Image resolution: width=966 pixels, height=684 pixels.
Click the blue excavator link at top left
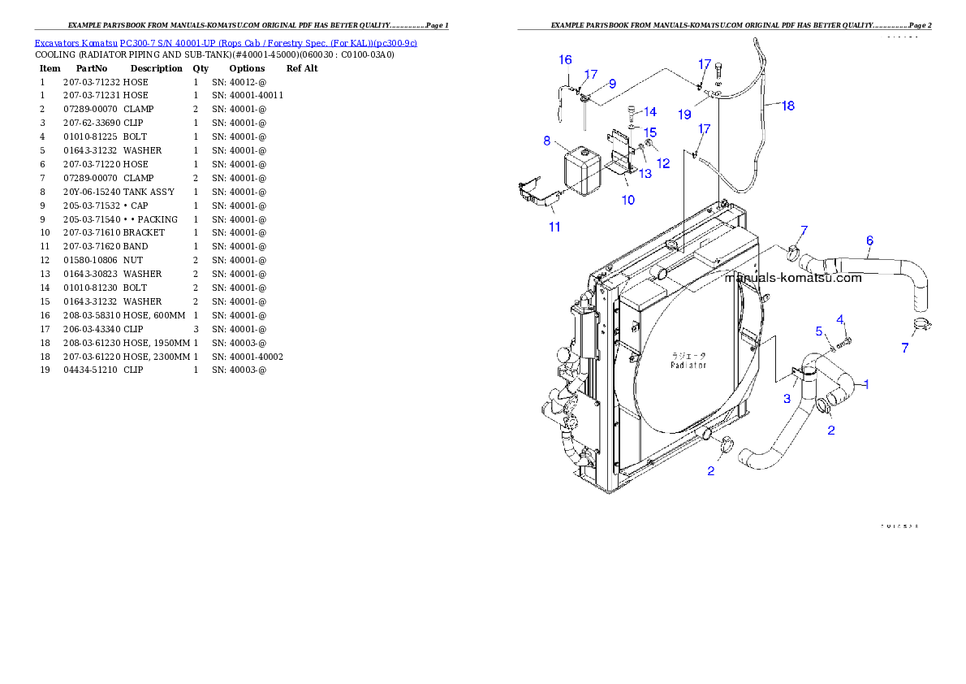pyautogui.click(x=226, y=42)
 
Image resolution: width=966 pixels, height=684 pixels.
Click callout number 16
pyautogui.click(x=565, y=59)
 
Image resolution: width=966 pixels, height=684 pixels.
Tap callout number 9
pyautogui.click(x=612, y=84)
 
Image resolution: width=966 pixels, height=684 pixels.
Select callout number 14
pyautogui.click(x=650, y=112)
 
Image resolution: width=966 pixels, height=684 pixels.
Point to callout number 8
pyautogui.click(x=547, y=141)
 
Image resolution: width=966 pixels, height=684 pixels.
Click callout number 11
pyautogui.click(x=554, y=227)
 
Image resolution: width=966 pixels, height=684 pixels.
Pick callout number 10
pyautogui.click(x=628, y=200)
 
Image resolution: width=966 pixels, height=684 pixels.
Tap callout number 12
pyautogui.click(x=663, y=163)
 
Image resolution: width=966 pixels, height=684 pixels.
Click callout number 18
pyautogui.click(x=787, y=106)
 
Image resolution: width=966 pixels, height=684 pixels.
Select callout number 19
pyautogui.click(x=684, y=114)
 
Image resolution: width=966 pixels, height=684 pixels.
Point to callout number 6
pyautogui.click(x=869, y=240)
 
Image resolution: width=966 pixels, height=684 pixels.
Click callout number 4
pyautogui.click(x=840, y=318)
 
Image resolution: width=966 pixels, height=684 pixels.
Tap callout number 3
pyautogui.click(x=787, y=399)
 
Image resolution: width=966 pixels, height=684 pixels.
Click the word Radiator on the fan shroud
pyautogui.click(x=688, y=365)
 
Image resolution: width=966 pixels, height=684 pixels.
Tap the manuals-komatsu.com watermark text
pyautogui.click(x=793, y=278)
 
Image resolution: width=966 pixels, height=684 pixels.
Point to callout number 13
pyautogui.click(x=645, y=173)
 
